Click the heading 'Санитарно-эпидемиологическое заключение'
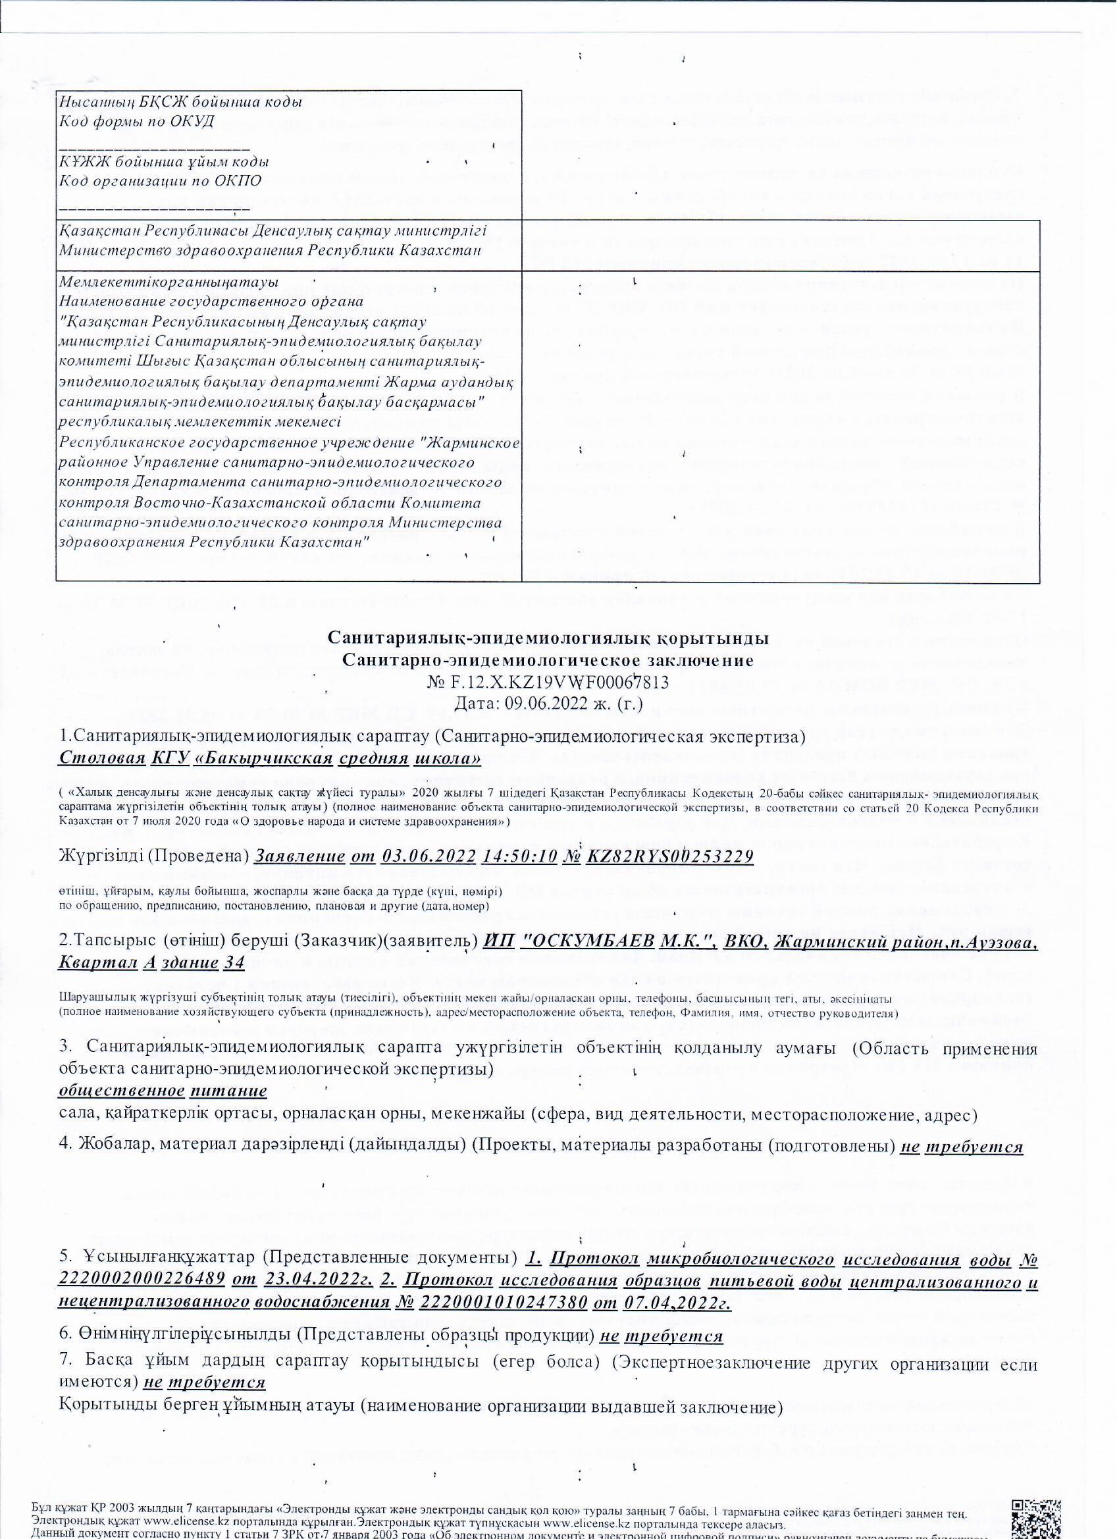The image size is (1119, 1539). pos(548,661)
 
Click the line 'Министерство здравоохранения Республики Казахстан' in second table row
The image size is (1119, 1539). pos(270,250)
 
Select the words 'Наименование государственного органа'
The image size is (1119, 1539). pos(212,301)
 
